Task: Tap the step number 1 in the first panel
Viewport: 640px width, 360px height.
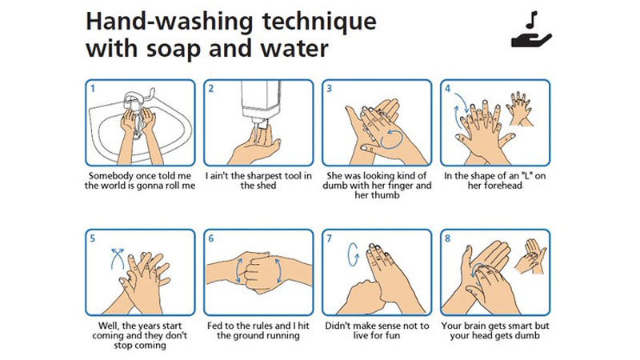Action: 92,88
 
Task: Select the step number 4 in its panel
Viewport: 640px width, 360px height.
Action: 448,88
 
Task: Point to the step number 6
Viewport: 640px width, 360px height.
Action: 211,238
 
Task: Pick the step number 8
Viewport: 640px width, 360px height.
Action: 448,238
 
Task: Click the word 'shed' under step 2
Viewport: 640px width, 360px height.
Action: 258,186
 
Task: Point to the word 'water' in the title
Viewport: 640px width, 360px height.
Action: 293,47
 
